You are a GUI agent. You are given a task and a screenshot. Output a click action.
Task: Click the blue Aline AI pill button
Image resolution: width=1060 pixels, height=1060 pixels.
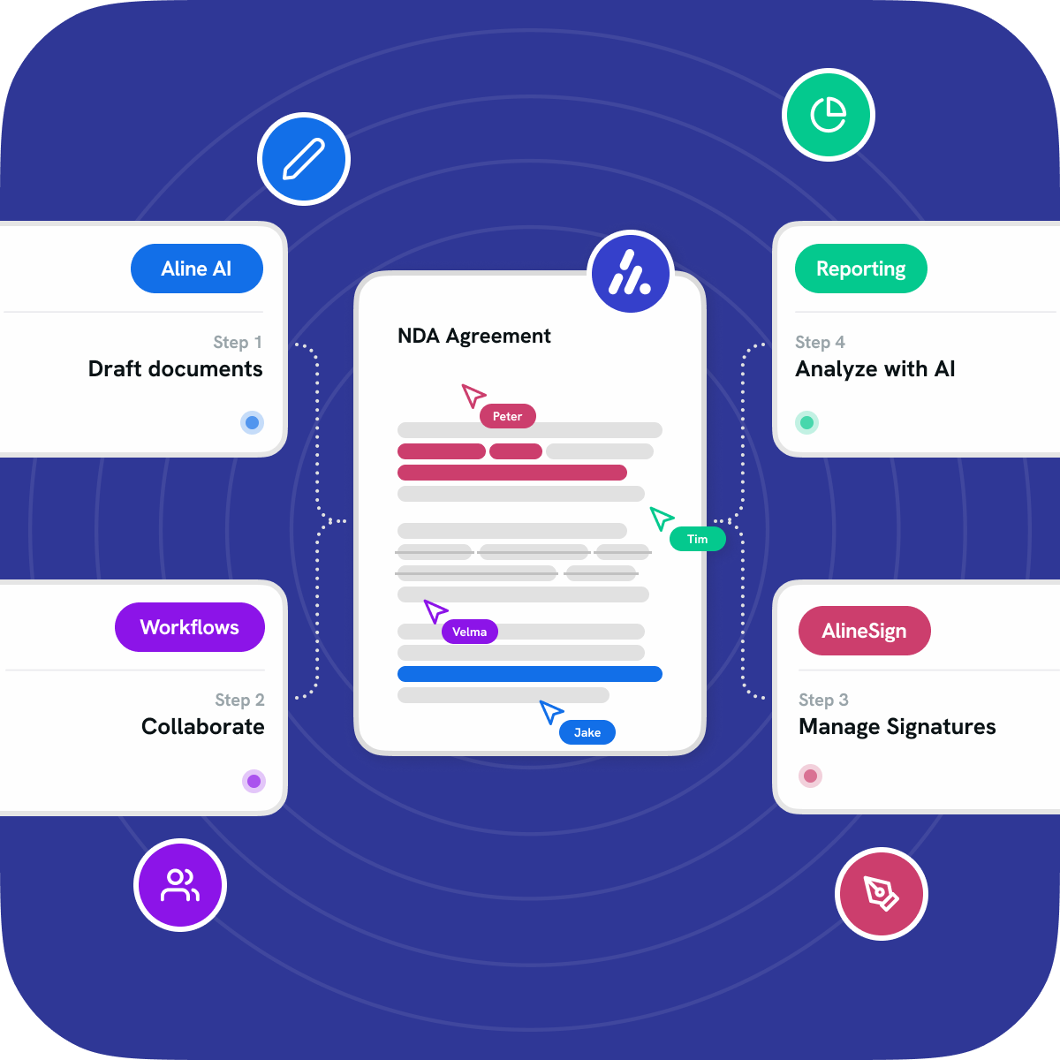tap(197, 269)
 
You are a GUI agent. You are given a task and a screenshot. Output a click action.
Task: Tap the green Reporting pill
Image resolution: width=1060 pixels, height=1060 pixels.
tap(860, 269)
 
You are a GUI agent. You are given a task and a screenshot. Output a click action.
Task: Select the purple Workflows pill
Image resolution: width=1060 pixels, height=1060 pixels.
tap(189, 627)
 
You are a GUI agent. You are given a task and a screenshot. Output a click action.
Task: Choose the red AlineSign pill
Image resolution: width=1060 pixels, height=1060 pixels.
tap(864, 631)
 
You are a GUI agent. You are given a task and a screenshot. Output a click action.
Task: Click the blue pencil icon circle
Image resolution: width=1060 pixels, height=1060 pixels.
tap(304, 159)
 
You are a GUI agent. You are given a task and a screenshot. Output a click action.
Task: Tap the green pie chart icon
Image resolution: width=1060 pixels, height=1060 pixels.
tap(829, 115)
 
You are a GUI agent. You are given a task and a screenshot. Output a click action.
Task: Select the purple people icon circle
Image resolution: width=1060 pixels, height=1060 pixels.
tap(180, 884)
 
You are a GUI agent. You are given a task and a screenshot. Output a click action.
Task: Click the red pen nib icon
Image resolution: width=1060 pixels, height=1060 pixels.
tap(881, 893)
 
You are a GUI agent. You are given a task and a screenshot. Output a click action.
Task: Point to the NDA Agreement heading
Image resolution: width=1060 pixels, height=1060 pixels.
tap(473, 336)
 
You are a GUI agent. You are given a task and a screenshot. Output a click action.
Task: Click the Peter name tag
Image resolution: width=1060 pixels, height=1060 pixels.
tap(507, 416)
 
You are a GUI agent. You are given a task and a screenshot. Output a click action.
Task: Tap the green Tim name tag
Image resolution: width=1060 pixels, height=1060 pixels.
tap(697, 539)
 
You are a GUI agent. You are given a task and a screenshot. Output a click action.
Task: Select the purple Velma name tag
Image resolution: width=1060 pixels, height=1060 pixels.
tap(469, 632)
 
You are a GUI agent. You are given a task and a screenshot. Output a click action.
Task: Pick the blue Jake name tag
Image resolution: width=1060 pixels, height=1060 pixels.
tap(587, 732)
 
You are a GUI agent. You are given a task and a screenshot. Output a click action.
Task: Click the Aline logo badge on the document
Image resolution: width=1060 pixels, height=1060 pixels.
tap(631, 273)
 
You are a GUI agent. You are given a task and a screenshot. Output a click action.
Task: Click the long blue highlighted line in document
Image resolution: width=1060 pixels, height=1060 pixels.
tap(530, 674)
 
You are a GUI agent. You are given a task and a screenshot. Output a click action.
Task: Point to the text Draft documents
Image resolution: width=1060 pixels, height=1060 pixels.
tap(175, 368)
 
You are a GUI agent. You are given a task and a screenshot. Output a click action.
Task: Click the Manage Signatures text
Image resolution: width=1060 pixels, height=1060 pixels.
tap(897, 726)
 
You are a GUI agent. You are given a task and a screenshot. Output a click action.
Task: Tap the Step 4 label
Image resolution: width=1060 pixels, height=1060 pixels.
tap(820, 342)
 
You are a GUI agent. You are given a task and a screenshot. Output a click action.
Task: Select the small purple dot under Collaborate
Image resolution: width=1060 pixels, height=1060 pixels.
tap(254, 781)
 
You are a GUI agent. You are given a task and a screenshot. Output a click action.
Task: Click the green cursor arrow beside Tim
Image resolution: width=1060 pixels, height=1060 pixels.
tap(661, 518)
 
